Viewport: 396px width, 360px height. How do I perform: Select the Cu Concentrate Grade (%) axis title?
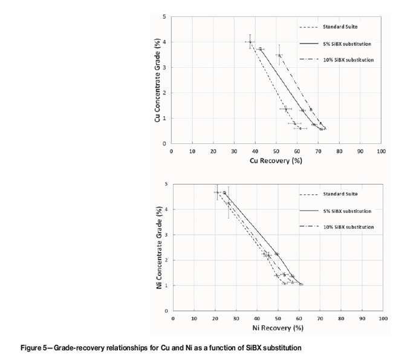point(158,80)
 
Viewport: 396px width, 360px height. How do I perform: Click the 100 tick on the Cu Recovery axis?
point(380,149)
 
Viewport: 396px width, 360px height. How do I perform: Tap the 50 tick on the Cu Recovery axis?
point(276,149)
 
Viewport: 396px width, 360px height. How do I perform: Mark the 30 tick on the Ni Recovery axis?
point(236,317)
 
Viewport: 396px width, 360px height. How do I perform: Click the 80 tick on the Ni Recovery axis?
point(341,317)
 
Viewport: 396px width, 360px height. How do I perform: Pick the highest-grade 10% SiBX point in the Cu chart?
point(279,55)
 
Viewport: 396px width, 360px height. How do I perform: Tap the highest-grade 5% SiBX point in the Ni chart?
point(224,192)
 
